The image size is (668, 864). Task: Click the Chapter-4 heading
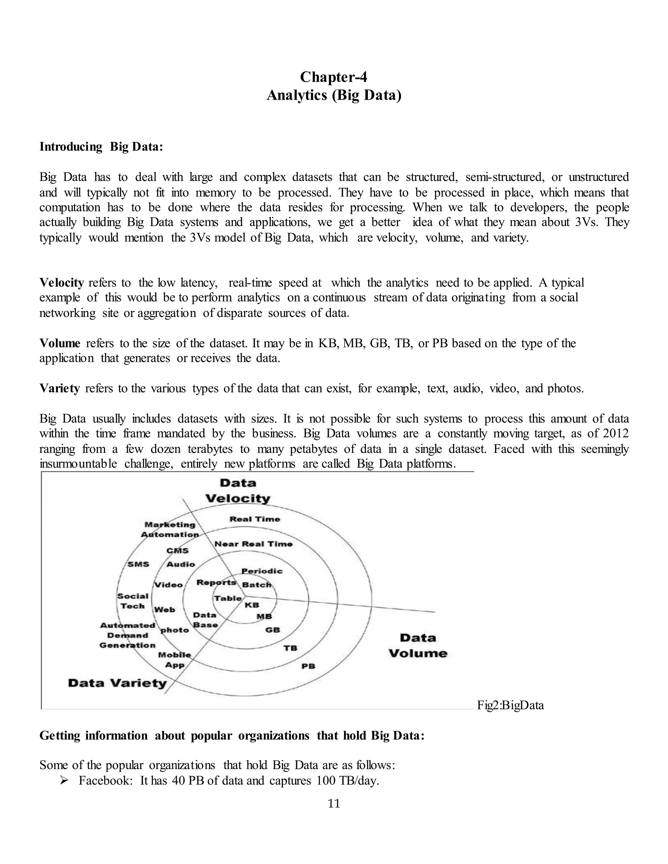(334, 77)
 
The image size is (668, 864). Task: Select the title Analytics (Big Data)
(334, 95)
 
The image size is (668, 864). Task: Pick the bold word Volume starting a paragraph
(59, 343)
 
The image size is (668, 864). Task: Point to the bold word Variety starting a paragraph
(59, 389)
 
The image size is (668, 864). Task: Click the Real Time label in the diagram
(254, 519)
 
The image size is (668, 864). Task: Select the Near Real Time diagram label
(253, 544)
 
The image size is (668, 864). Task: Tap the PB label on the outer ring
(308, 666)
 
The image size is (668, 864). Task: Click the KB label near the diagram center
(252, 605)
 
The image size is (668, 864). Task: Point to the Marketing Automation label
(170, 529)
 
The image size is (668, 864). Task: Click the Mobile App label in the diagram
(175, 660)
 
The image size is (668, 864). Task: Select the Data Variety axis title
(117, 683)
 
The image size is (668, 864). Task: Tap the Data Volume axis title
(417, 645)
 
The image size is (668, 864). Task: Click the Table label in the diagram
(228, 598)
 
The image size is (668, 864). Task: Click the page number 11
(334, 804)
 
